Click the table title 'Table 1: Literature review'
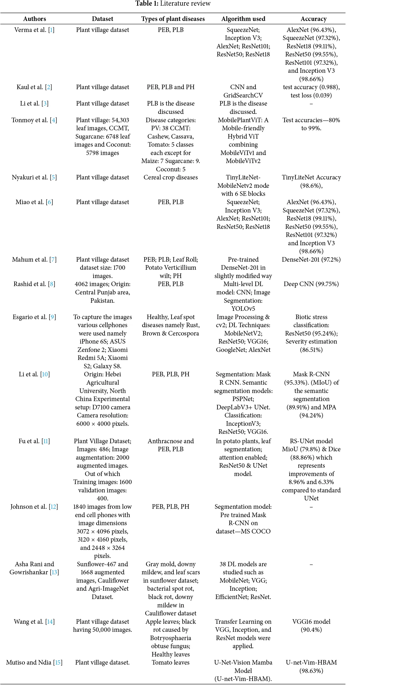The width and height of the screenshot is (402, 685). pyautogui.click(x=173, y=3)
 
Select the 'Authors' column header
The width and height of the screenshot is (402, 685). pyautogui.click(x=35, y=19)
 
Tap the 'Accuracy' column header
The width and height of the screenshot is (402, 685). pyautogui.click(x=314, y=19)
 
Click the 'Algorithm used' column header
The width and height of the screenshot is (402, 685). pyautogui.click(x=243, y=19)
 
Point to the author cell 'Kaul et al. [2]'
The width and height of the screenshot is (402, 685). pyautogui.click(x=34, y=87)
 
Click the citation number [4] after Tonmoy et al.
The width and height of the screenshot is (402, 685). pyautogui.click(x=54, y=120)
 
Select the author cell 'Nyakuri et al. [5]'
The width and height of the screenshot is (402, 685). pyautogui.click(x=34, y=178)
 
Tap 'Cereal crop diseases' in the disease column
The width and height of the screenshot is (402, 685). pyautogui.click(x=171, y=178)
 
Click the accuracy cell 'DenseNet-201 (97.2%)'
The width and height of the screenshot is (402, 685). pyautogui.click(x=311, y=259)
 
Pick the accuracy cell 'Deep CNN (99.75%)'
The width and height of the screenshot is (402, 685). pyautogui.click(x=311, y=284)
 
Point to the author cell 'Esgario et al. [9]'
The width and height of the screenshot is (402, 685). pyautogui.click(x=34, y=317)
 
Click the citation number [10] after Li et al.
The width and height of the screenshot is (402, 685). pyautogui.click(x=45, y=374)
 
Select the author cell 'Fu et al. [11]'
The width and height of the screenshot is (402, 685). pyautogui.click(x=34, y=441)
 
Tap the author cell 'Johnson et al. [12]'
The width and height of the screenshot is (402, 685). pyautogui.click(x=34, y=507)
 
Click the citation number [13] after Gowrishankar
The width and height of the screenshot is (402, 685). pyautogui.click(x=54, y=572)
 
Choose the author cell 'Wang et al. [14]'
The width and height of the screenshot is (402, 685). pyautogui.click(x=34, y=622)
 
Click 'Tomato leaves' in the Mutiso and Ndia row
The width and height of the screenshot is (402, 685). pyautogui.click(x=171, y=662)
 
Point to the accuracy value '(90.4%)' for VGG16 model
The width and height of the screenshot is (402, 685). pyautogui.click(x=311, y=630)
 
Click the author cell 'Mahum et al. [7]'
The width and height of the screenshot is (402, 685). pyautogui.click(x=34, y=259)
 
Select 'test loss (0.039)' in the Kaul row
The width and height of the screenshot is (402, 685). pyautogui.click(x=311, y=95)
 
